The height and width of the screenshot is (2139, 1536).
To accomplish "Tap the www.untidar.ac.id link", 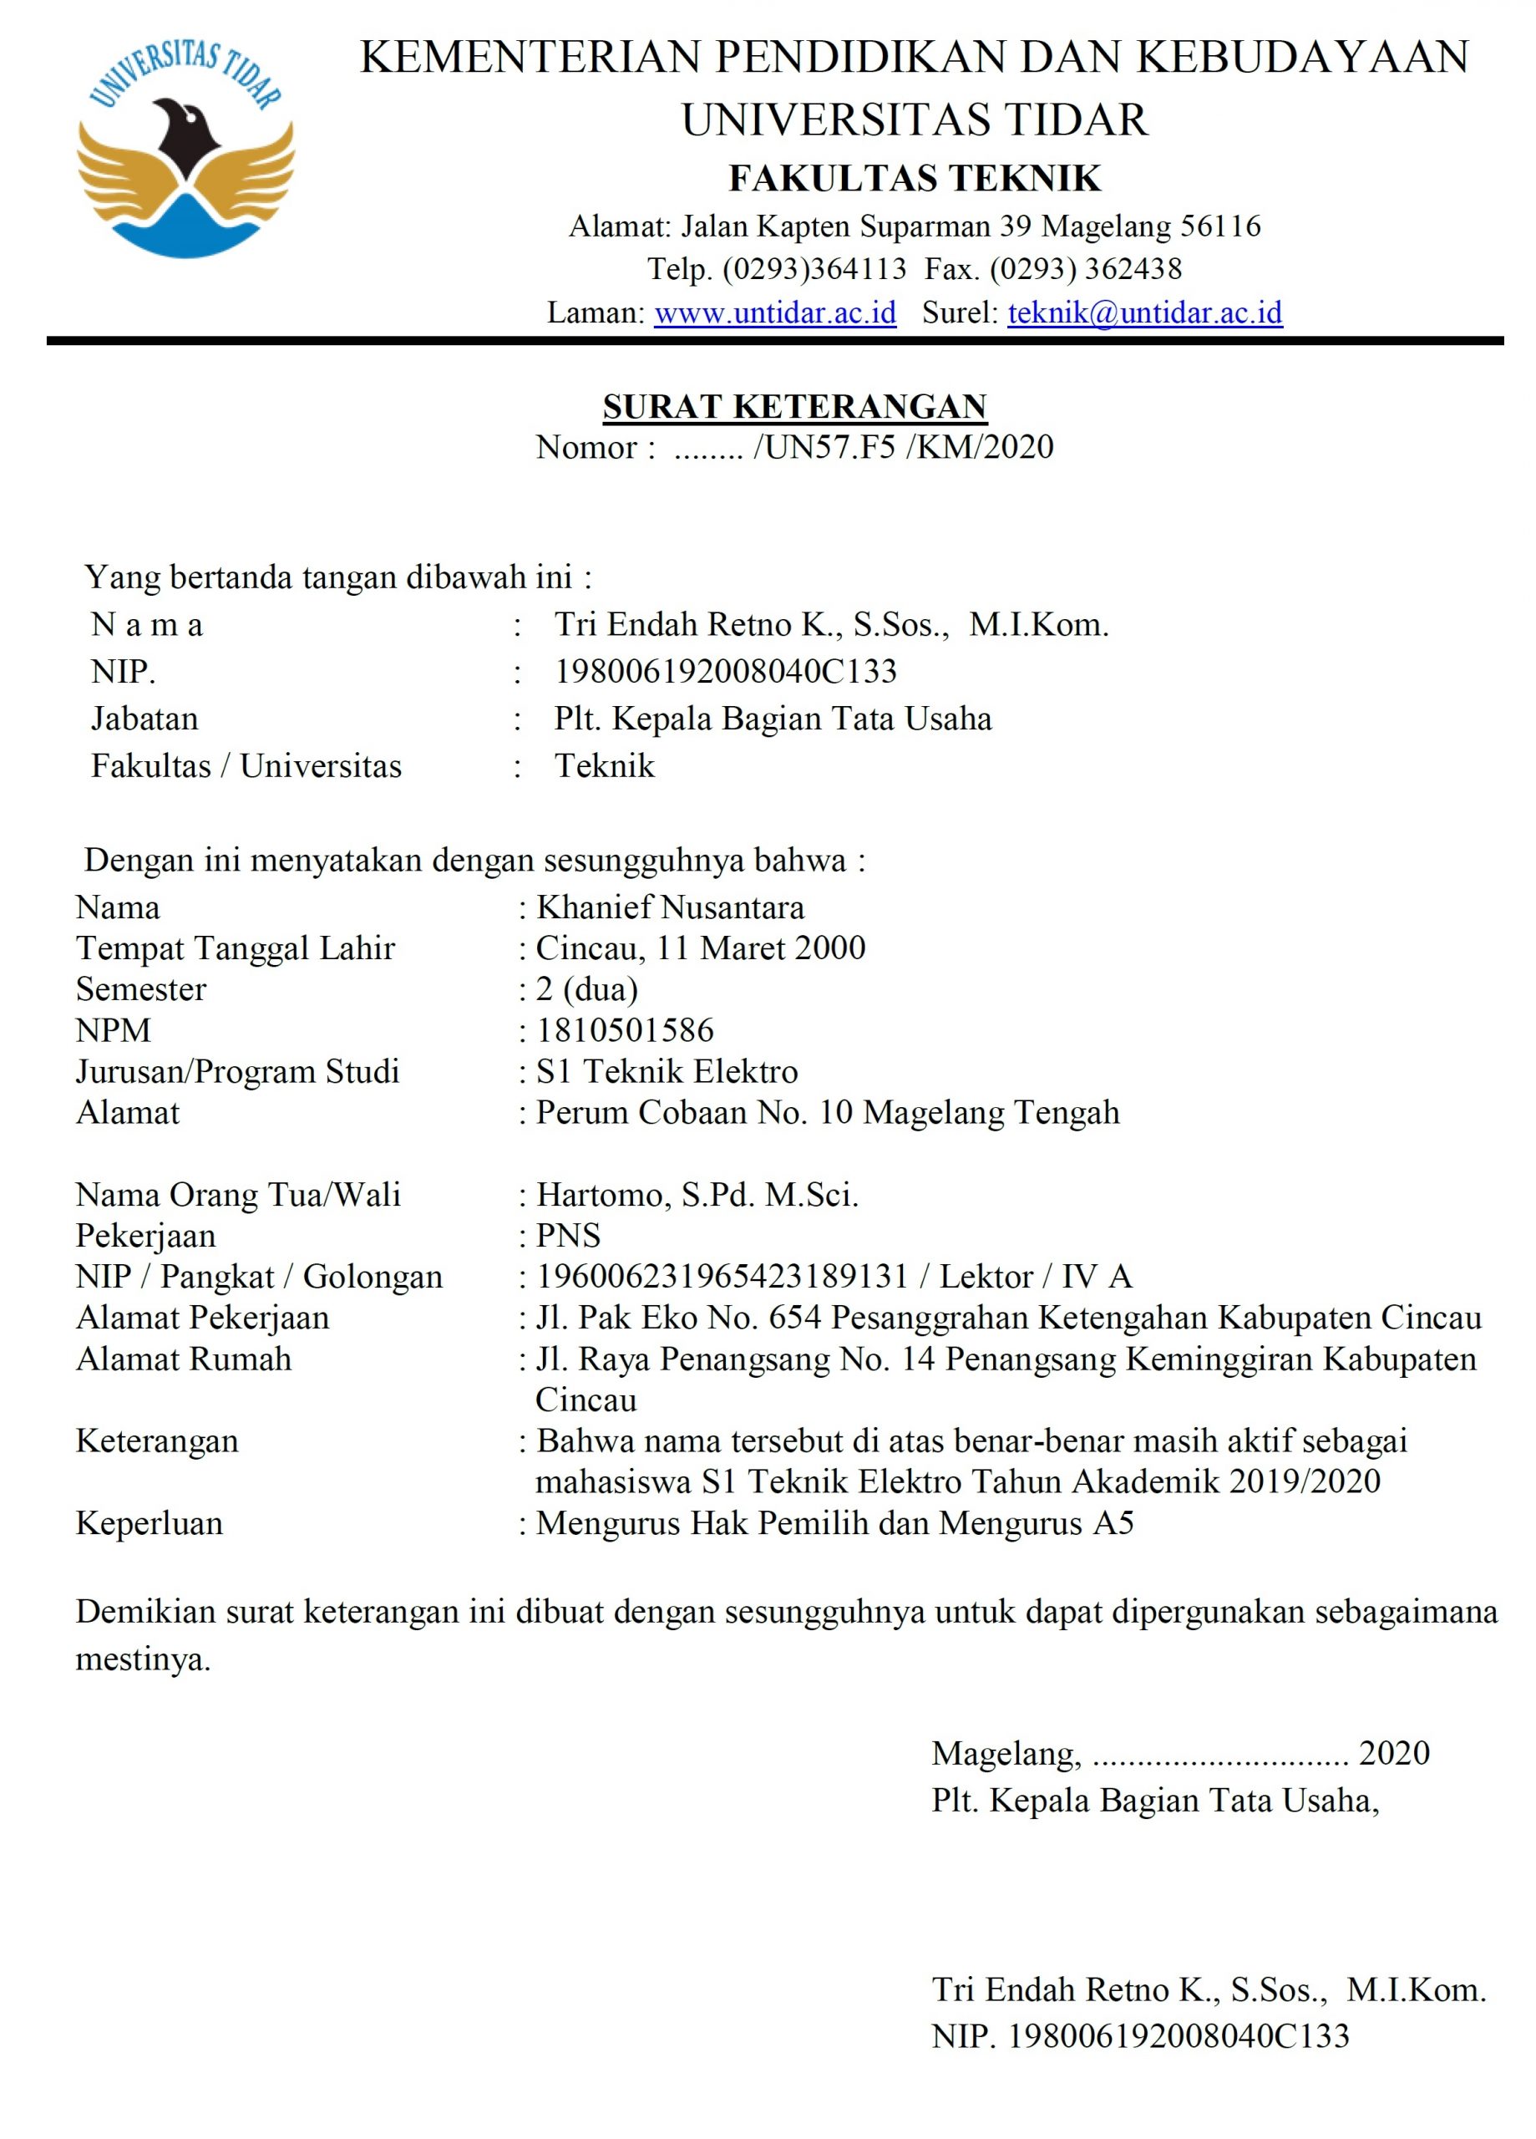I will [775, 312].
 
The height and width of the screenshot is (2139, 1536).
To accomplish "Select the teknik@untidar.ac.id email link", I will [1145, 312].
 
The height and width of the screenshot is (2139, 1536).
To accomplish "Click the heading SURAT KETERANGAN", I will [794, 406].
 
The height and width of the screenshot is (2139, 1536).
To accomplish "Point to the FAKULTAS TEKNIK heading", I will [915, 178].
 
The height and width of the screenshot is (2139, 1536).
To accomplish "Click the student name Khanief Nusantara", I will [670, 907].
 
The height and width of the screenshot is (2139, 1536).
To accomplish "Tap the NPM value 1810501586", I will [624, 1030].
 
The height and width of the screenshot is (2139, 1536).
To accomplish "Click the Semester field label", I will [141, 989].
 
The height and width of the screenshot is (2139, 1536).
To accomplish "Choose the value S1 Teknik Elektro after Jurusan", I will [667, 1071].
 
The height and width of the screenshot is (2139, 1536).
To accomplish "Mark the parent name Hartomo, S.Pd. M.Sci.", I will [697, 1195].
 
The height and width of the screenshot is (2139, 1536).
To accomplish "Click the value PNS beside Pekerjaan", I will [569, 1236].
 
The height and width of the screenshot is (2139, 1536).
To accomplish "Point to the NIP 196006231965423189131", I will [722, 1277].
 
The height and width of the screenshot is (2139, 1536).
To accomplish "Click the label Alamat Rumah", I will [184, 1359].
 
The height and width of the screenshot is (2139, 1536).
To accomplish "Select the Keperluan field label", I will [149, 1523].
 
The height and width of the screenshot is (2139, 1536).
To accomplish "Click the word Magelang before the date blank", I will [1005, 1752].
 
